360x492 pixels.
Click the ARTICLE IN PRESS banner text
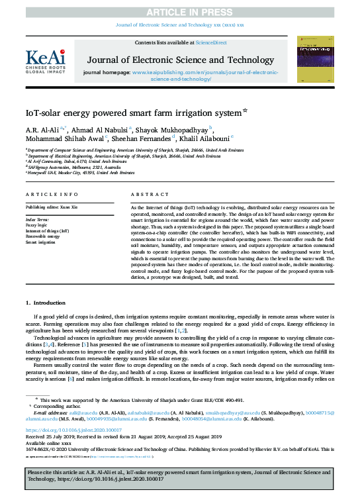click(179, 12)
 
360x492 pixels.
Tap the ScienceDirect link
click(210, 42)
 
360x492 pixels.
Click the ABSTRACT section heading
click(146, 194)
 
